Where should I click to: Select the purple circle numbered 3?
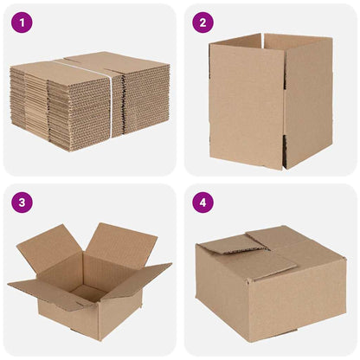(x=22, y=203)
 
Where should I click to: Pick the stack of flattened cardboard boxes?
(x=87, y=97)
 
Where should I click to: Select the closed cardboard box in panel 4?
(x=270, y=281)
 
